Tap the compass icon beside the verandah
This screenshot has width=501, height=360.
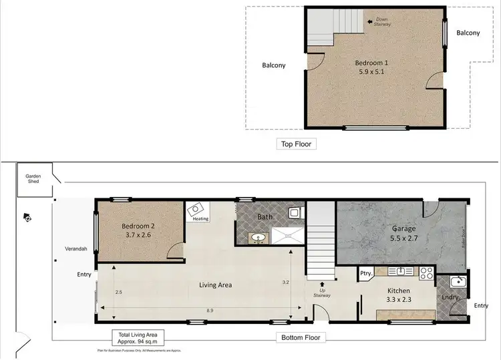26,216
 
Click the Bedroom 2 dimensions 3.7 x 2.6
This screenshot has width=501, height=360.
138,236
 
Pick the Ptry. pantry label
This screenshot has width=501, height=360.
365,273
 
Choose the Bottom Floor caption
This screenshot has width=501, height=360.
301,337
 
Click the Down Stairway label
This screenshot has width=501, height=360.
383,22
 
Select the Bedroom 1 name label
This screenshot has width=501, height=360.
372,63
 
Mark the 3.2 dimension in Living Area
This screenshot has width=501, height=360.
285,283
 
